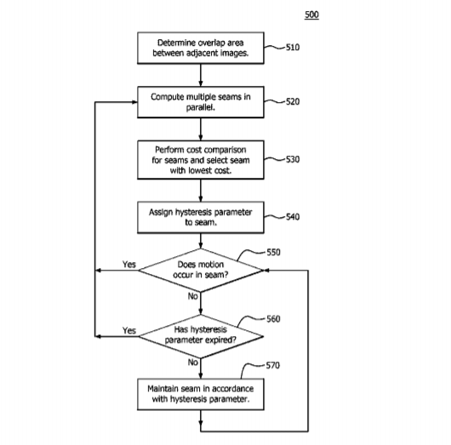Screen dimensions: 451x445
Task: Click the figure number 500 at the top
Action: click(x=311, y=14)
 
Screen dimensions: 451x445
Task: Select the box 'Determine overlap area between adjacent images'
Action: click(x=201, y=48)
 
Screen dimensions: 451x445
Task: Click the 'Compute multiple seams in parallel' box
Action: click(x=201, y=102)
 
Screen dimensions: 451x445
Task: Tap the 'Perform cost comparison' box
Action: click(x=201, y=160)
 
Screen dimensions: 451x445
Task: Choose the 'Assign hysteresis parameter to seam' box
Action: click(x=201, y=217)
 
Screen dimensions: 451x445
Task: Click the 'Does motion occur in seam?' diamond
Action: click(x=201, y=271)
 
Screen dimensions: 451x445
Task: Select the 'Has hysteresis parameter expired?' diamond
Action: click(x=201, y=337)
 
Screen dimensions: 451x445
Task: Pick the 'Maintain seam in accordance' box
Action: click(x=201, y=394)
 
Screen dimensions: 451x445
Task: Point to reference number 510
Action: click(x=293, y=47)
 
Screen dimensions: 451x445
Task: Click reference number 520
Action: click(x=293, y=101)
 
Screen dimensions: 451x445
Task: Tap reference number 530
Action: click(x=293, y=159)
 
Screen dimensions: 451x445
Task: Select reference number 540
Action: click(x=293, y=217)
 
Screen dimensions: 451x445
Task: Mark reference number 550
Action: click(x=273, y=252)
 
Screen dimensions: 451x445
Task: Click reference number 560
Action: click(x=273, y=319)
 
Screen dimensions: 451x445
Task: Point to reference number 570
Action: click(x=272, y=365)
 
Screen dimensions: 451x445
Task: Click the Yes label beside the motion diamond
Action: click(x=128, y=264)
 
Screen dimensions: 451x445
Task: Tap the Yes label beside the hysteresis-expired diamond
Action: click(x=128, y=330)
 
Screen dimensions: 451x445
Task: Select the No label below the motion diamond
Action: click(x=192, y=296)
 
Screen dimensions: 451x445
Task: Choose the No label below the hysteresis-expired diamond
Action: click(x=192, y=362)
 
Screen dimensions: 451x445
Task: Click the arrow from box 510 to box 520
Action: click(x=201, y=75)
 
